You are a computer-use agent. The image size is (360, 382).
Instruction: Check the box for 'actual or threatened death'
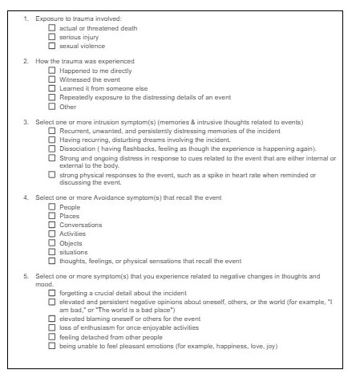click(53, 28)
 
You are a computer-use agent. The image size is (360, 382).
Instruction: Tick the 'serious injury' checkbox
click(53, 37)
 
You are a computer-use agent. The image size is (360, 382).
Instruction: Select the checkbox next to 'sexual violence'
click(53, 46)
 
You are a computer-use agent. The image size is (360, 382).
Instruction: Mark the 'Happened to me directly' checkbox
click(53, 71)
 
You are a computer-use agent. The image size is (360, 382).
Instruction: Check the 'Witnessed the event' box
click(53, 79)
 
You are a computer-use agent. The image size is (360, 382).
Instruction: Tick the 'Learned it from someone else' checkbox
click(53, 88)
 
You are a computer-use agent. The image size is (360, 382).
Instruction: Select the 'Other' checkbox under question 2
click(53, 106)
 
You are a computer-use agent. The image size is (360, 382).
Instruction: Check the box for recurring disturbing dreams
click(53, 139)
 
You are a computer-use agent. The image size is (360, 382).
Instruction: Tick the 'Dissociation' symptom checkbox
click(53, 148)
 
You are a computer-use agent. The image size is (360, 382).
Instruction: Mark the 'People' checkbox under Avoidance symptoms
click(53, 207)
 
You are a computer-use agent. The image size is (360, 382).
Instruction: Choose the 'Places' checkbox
click(53, 216)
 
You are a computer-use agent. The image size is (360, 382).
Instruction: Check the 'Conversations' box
click(53, 225)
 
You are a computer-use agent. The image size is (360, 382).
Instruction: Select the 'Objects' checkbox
click(53, 242)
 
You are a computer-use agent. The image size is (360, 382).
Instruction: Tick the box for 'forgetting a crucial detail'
click(53, 293)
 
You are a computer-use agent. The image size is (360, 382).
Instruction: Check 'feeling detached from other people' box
click(53, 337)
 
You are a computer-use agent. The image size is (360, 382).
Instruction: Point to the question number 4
click(26, 197)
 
